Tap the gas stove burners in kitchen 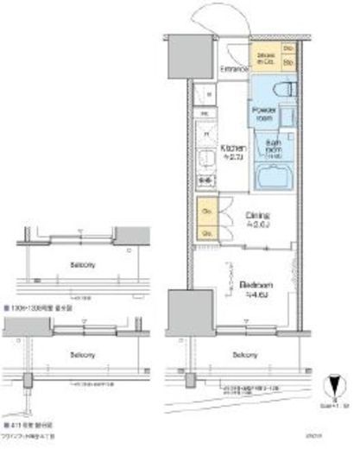pyautogui.click(x=206, y=180)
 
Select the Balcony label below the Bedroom pyautogui.click(x=245, y=355)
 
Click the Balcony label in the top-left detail pyautogui.click(x=60, y=266)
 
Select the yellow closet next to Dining pyautogui.click(x=207, y=221)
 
